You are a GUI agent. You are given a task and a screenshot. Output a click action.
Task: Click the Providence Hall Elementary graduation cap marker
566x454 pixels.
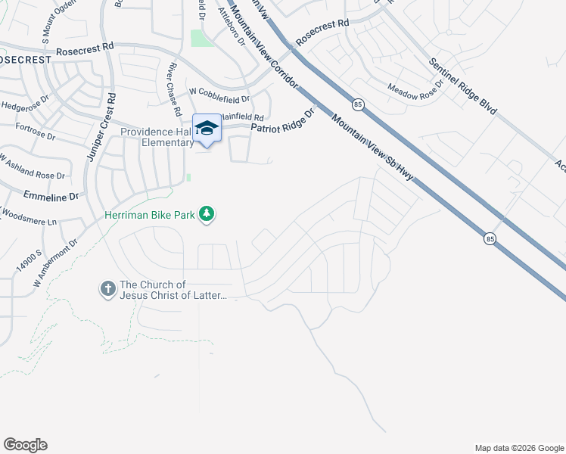coord(207,128)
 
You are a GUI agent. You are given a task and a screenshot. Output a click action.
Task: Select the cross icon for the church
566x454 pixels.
coord(107,288)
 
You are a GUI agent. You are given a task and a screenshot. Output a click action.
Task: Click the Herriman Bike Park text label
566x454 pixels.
coord(150,216)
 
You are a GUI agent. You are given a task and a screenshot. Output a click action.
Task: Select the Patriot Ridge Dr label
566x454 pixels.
coord(282,123)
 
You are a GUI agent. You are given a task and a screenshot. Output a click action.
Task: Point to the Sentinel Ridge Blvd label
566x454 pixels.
coord(462,86)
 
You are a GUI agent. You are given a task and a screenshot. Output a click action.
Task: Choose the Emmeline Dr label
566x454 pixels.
coord(51,195)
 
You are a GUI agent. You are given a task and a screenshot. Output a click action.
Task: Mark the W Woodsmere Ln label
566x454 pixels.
coord(28,219)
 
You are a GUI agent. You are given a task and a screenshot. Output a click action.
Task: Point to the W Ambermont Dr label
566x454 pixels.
coord(56,263)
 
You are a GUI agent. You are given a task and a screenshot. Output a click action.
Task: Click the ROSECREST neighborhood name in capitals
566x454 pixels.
coord(25,58)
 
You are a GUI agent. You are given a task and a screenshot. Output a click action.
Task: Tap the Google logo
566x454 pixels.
coord(25,445)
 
